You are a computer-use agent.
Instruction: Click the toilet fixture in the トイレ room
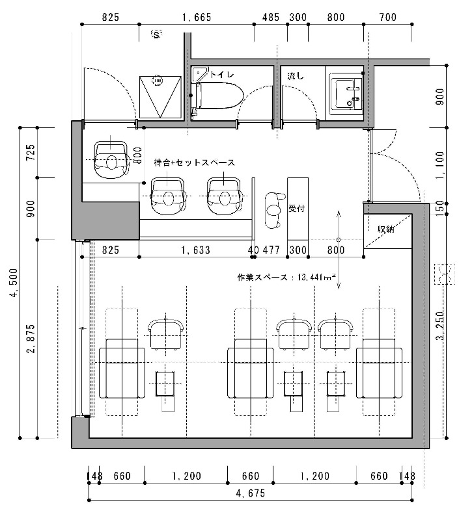[217, 96]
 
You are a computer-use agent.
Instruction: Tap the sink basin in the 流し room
[346, 94]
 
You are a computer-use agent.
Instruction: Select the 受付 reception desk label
[296, 209]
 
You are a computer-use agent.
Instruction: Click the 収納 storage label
[385, 229]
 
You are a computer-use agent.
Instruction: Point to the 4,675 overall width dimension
[251, 493]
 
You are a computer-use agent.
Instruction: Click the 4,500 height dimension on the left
[14, 283]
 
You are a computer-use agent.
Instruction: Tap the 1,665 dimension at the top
[197, 18]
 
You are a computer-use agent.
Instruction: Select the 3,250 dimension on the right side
[439, 326]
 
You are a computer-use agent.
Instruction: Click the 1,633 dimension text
[196, 250]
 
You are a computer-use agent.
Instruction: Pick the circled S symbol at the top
[156, 34]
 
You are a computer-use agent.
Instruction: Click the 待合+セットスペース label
[194, 162]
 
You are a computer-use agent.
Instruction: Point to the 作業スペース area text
[286, 277]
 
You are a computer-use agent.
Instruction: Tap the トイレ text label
[222, 75]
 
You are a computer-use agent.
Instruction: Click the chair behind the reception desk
[274, 210]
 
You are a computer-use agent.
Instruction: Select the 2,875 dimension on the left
[31, 339]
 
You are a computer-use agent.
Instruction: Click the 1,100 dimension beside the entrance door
[439, 165]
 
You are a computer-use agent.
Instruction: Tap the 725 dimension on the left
[31, 152]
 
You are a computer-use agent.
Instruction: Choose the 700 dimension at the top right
[388, 18]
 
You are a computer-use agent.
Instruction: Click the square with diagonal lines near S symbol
[160, 97]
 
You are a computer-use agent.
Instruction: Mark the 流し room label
[296, 76]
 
